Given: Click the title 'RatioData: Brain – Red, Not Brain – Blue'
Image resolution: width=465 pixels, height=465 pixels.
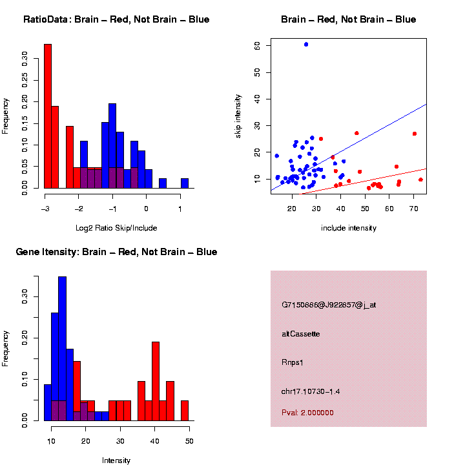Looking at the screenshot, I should point(116,19).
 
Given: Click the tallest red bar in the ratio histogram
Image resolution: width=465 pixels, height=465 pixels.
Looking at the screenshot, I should point(48,116).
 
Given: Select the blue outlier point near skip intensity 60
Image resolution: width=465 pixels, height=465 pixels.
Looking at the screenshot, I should point(306,45).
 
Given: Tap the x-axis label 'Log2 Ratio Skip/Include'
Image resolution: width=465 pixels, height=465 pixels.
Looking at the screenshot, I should point(116,227).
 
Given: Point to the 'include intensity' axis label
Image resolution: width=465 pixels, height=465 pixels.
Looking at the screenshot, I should point(349,228).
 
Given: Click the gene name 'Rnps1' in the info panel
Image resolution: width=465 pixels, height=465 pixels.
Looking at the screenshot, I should point(293,362).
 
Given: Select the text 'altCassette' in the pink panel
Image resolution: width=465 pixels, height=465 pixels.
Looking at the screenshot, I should point(301,334).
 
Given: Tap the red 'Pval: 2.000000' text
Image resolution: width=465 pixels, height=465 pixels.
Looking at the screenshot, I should point(308,412).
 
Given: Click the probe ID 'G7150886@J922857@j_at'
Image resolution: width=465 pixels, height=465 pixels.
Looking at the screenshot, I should point(329,305).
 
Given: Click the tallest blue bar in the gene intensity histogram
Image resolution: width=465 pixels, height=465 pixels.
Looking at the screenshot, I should point(62,349).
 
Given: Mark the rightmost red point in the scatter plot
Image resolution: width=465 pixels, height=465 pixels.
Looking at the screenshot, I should point(420,180).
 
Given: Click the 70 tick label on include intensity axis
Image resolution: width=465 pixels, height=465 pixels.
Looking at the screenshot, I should point(414,209).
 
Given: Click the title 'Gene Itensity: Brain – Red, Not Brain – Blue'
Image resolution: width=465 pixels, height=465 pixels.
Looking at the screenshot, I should point(117,252).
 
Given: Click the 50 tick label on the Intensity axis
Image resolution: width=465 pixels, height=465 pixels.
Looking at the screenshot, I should point(189,441).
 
